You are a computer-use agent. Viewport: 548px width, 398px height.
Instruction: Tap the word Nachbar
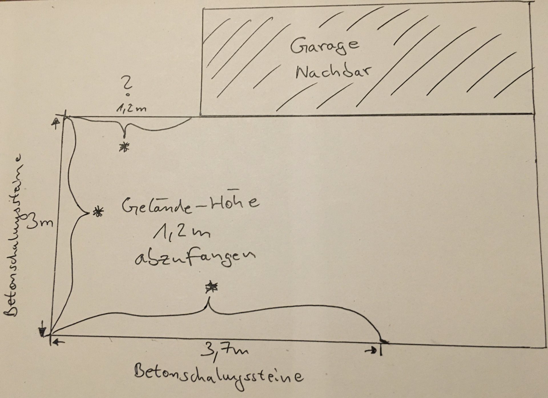point(333,73)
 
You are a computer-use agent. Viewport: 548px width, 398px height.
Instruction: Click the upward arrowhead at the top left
point(56,122)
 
